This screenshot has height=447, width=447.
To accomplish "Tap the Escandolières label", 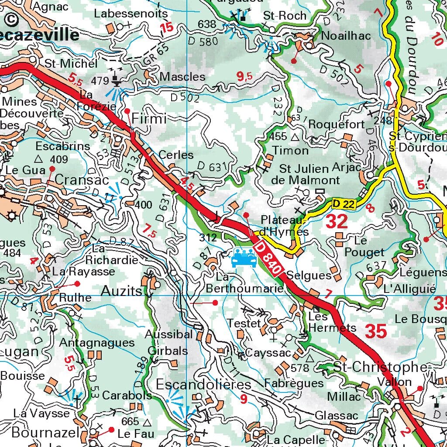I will click(203, 385).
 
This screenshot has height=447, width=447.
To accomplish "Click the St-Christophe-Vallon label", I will click(380, 374).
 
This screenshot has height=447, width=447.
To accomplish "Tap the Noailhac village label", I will click(345, 36).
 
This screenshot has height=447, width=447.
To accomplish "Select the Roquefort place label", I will click(336, 124).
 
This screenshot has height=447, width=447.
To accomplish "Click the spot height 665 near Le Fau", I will click(130, 422).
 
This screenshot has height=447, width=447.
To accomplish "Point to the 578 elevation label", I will click(299, 368).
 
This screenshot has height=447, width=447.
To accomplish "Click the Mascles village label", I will click(182, 77).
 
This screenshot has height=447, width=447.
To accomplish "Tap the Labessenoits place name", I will click(131, 14).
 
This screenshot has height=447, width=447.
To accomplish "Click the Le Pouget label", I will click(364, 246).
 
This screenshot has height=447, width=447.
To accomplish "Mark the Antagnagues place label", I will click(97, 342).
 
